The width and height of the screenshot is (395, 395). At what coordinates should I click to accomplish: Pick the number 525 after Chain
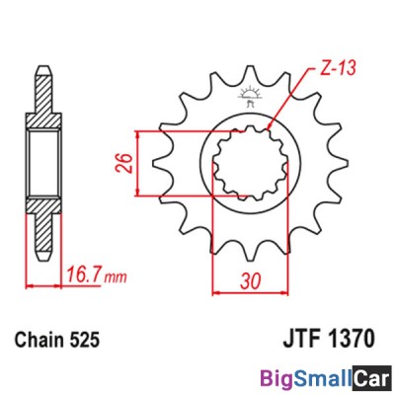86,341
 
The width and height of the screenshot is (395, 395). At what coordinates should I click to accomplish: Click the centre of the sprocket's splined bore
248,163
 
